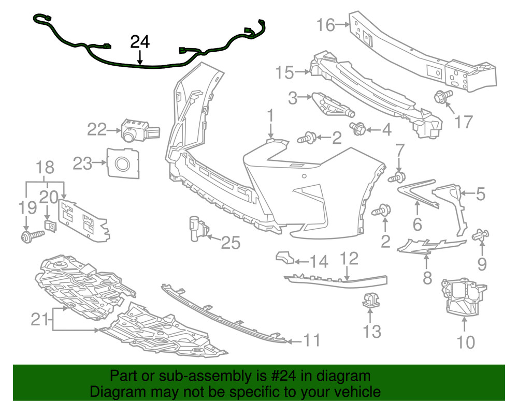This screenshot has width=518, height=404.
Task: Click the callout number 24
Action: [140, 42]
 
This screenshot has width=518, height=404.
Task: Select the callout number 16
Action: [326, 24]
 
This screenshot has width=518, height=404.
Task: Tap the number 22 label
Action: [97, 129]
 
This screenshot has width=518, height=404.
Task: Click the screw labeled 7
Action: [396, 177]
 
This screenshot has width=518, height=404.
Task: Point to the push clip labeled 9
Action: [480, 236]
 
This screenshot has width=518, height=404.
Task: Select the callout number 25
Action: [231, 242]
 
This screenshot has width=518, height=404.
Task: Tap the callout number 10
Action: [466, 342]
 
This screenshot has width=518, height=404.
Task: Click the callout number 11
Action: [311, 340]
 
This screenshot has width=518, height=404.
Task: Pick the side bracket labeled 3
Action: [332, 106]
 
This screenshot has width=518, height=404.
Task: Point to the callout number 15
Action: [285, 72]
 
